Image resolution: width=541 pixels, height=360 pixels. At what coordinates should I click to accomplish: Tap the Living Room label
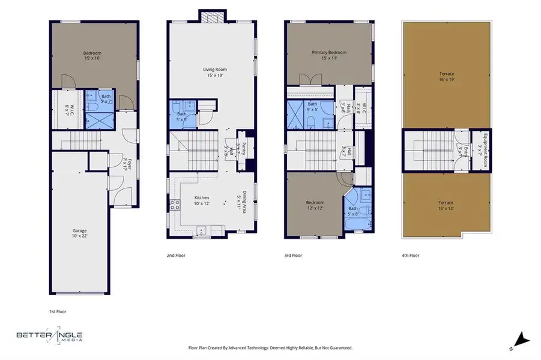coord(212,73)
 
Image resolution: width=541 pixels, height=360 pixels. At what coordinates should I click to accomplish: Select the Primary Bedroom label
coord(329,55)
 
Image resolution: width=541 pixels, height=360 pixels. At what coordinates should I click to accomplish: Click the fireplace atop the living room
coord(212,17)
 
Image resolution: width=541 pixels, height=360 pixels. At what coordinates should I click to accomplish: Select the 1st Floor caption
coord(58,311)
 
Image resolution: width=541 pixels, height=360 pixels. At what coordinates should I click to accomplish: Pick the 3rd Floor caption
coord(293,256)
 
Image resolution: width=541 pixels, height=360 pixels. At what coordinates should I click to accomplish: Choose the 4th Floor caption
coord(410,256)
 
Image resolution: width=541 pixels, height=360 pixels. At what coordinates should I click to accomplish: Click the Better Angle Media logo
coord(50,337)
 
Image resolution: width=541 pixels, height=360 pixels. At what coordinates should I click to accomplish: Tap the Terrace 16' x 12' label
coord(446,205)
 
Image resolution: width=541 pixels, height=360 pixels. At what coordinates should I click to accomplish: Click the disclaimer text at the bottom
coord(270,348)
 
